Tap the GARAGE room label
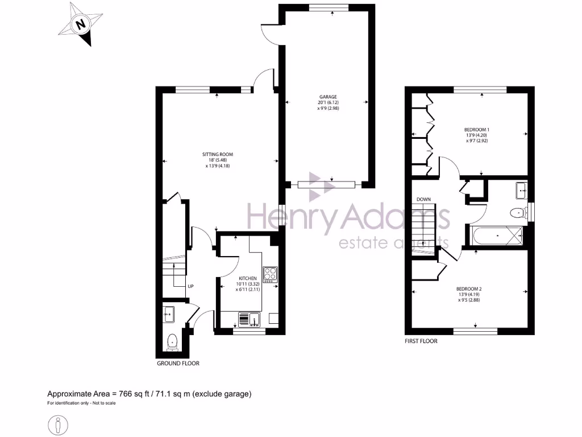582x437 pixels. [328, 97]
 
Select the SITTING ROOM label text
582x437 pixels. [218, 154]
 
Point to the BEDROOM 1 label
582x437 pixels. [477, 130]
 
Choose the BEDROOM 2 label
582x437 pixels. [469, 288]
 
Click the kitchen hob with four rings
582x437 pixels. [270, 274]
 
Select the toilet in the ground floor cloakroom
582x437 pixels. [172, 341]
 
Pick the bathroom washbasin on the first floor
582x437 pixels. [519, 191]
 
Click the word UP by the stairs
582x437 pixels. [191, 286]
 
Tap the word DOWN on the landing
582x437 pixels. [423, 200]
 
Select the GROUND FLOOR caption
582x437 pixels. [178, 363]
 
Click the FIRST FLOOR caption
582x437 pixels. [421, 341]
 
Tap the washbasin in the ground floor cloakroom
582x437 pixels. [168, 312]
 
